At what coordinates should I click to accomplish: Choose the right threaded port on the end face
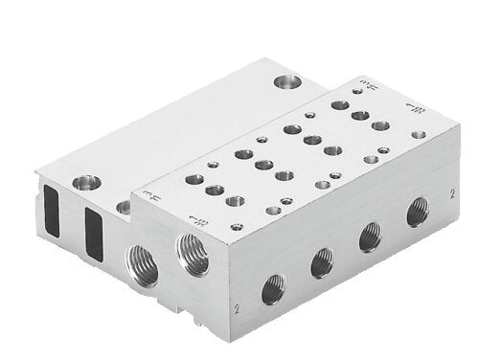187,251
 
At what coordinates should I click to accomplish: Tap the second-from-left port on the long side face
323,258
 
